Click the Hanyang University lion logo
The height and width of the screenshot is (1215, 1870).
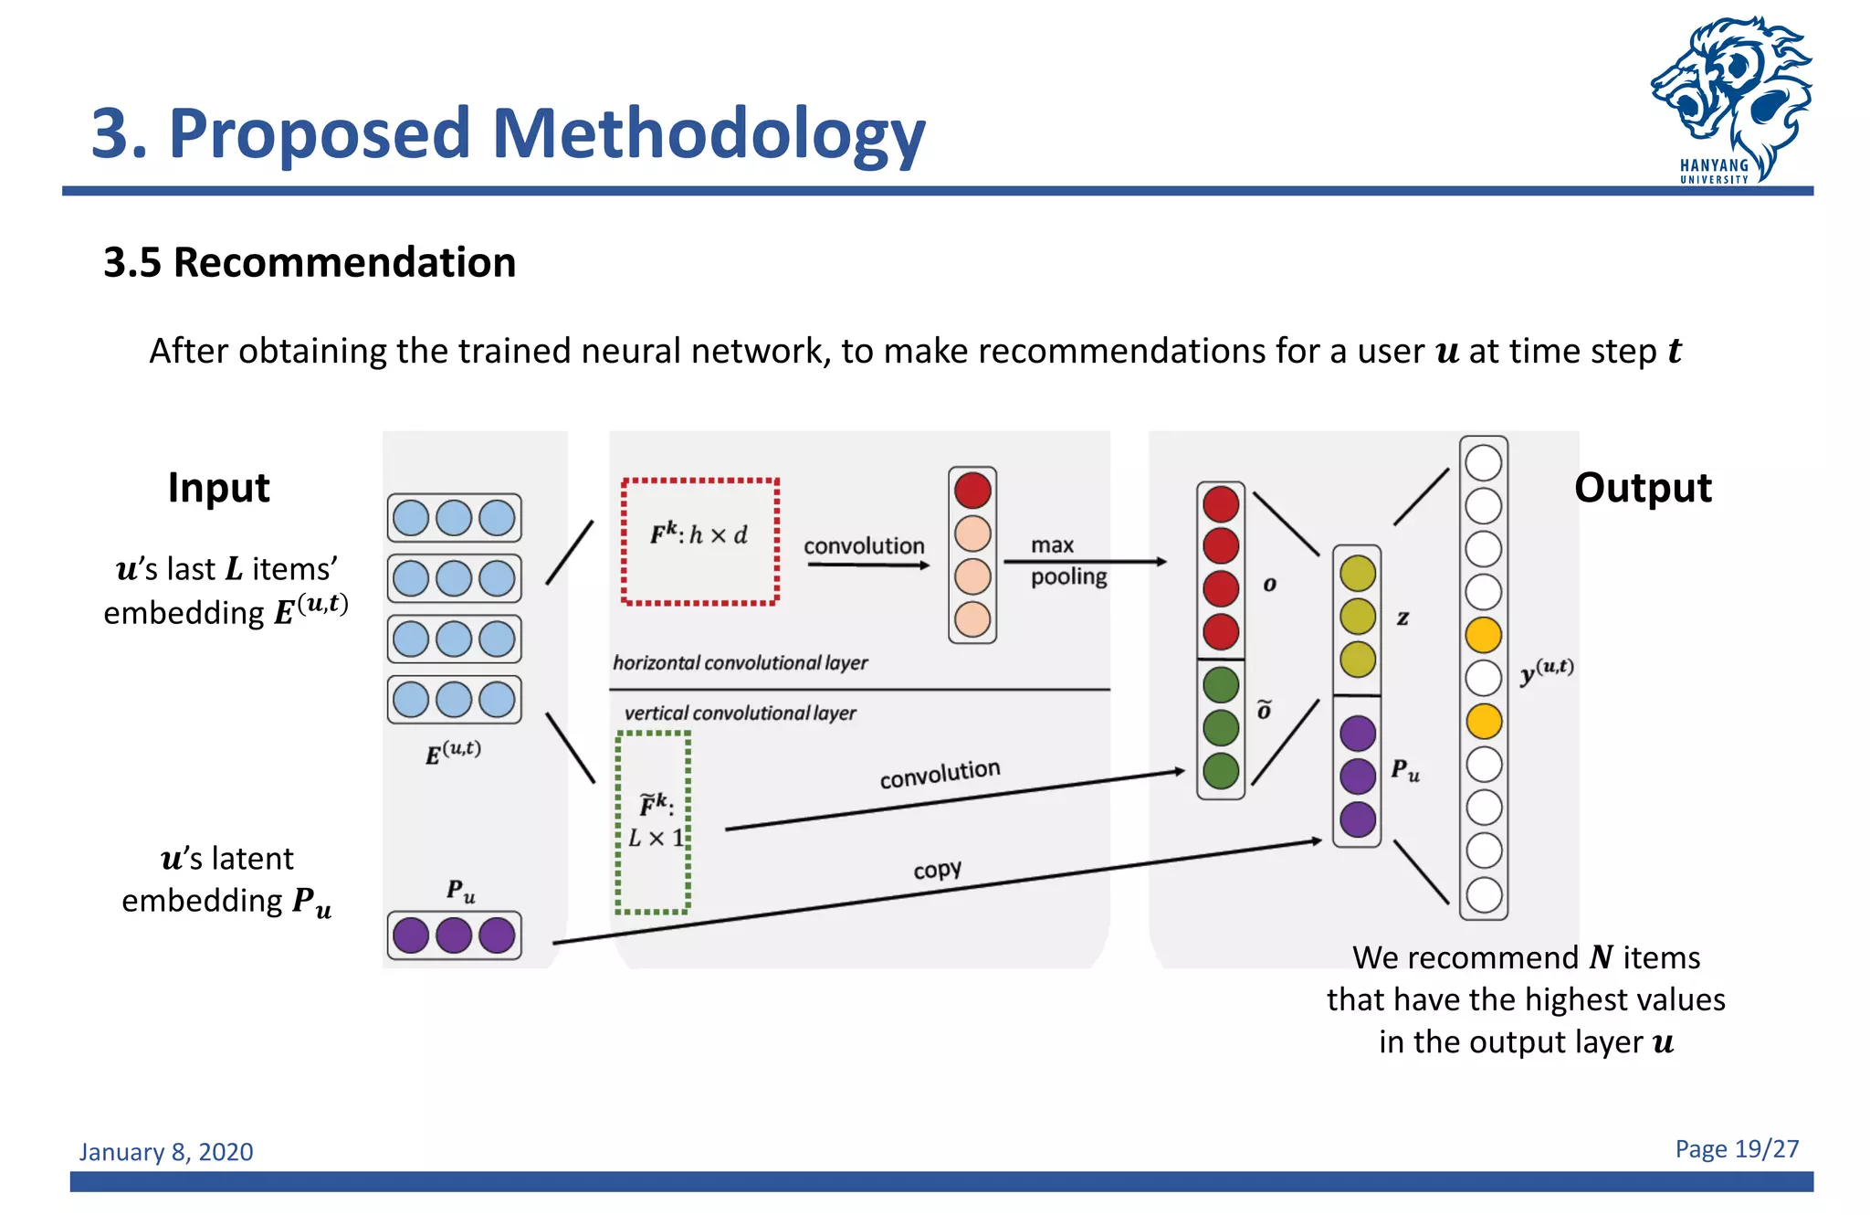[x=1730, y=96]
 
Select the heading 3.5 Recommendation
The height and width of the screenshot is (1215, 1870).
[x=310, y=263]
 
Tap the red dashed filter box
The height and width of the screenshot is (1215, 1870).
[x=699, y=541]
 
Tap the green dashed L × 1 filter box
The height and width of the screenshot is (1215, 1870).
[x=653, y=821]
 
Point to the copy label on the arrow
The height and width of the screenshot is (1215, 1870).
[x=937, y=870]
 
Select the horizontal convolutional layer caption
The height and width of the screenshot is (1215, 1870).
[x=740, y=662]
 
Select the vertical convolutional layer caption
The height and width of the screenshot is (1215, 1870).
[x=740, y=713]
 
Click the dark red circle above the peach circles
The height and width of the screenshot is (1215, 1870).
[x=972, y=491]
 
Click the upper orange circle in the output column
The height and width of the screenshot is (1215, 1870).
[x=1483, y=635]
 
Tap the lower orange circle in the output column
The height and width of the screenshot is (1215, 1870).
[x=1483, y=721]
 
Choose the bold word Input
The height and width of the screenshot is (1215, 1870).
[x=218, y=487]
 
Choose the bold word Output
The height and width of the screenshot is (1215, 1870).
[x=1642, y=487]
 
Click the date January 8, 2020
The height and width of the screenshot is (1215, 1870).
[x=166, y=1151]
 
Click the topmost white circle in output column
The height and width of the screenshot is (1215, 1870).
[x=1483, y=462]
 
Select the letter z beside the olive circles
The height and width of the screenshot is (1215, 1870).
[x=1402, y=618]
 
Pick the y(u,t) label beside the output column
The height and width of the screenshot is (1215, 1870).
[x=1546, y=671]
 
